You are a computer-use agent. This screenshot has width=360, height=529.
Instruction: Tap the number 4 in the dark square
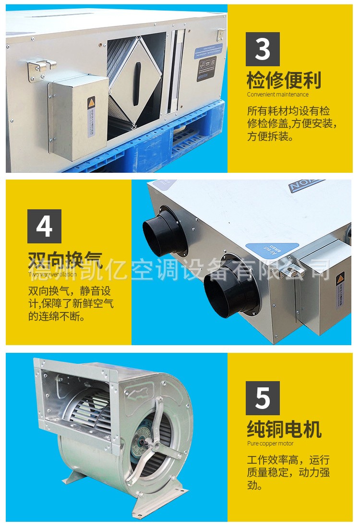[44, 226]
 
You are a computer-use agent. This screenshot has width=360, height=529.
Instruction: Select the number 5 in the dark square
[263, 398]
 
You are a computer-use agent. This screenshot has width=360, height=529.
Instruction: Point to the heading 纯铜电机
[284, 429]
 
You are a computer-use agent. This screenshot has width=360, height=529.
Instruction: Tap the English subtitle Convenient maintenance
[277, 95]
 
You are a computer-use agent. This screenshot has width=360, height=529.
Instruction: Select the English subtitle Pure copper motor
[270, 444]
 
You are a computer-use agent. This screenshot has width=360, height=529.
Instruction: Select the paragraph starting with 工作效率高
[288, 472]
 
